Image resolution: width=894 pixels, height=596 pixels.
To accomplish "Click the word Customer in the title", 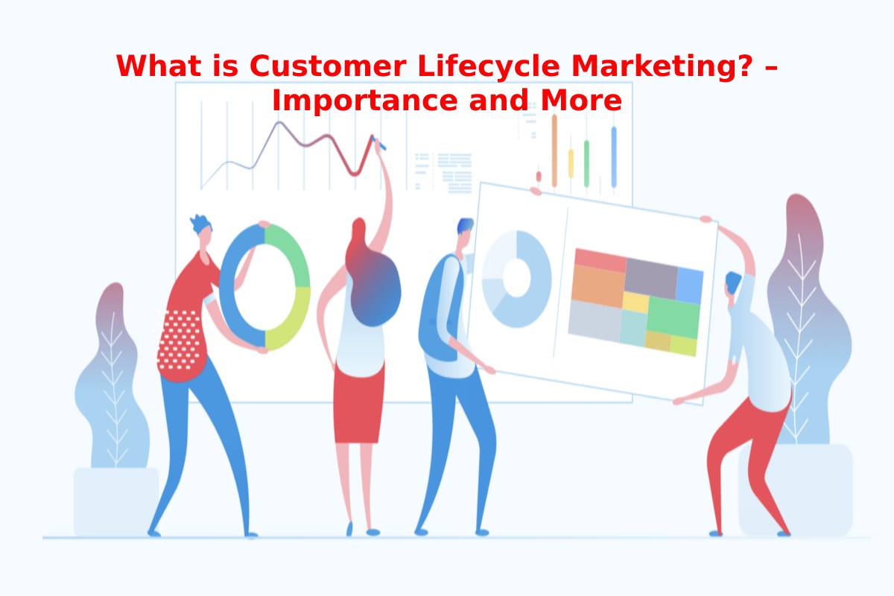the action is [328, 66].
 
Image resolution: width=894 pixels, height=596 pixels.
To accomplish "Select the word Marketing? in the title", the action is [662, 66].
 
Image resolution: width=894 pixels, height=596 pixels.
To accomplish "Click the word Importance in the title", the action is [365, 101].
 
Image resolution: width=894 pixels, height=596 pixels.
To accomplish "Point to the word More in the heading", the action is [581, 100].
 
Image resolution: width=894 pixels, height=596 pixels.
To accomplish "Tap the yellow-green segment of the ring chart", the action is [288, 320].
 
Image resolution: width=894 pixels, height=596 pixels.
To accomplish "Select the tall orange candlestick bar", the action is [554, 150].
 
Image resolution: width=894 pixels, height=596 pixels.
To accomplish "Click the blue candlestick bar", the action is [614, 157].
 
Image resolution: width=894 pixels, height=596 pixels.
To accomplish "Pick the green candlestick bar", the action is [586, 163].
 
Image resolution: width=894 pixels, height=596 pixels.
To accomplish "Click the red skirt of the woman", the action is [359, 402].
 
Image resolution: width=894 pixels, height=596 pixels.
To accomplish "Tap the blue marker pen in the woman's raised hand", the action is [378, 143].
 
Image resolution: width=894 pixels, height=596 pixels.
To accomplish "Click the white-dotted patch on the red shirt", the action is [179, 340].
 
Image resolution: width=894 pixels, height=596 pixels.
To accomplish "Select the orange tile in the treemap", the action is [597, 286].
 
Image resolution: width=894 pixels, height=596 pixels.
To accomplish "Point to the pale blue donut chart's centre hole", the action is [516, 278].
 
